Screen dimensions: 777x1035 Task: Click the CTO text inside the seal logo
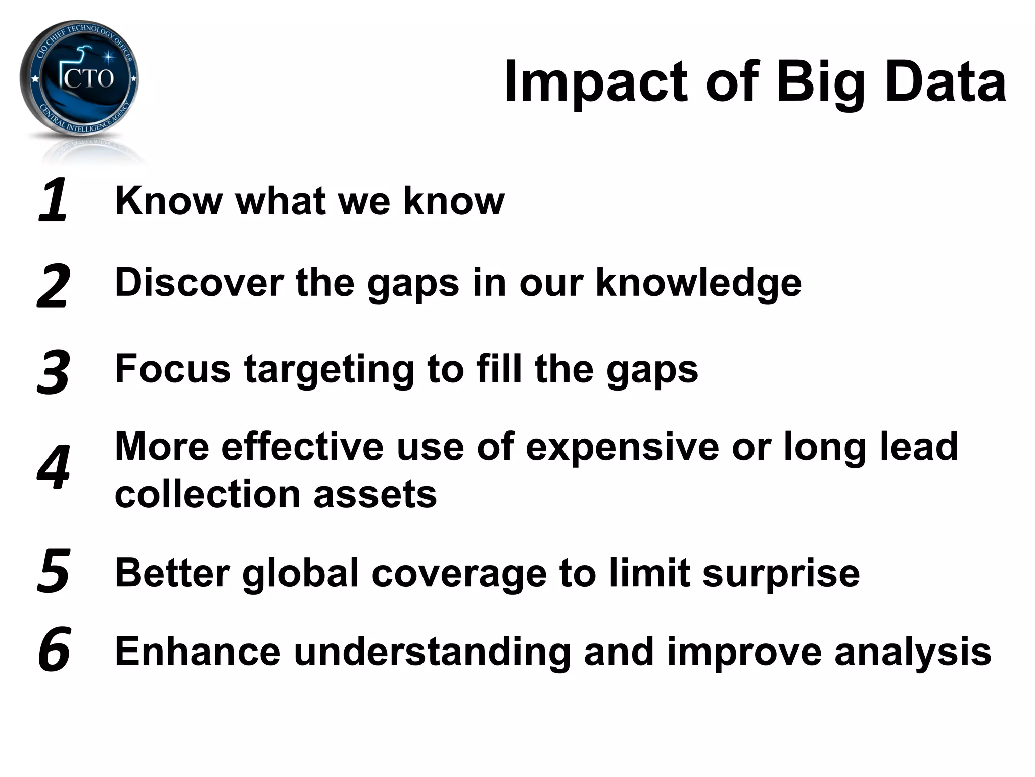point(89,79)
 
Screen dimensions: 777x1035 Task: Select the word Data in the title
point(945,82)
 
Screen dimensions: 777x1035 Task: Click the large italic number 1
point(54,200)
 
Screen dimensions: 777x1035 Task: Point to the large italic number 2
point(53,286)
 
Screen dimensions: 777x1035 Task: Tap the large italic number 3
point(53,372)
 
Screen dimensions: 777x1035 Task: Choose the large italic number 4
point(54,468)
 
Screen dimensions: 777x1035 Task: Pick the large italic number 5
point(53,571)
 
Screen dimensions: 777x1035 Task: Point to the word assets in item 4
point(375,495)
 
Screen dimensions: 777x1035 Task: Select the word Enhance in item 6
point(198,652)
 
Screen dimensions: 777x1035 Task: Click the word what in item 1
point(280,201)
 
